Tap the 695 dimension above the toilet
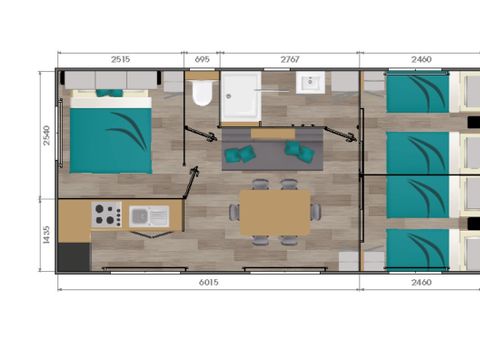tap(202, 60)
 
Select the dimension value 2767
tap(290, 60)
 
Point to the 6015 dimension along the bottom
tap(207, 283)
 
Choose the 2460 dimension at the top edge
tap(420, 60)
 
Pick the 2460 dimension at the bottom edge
tap(420, 283)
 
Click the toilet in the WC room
tap(203, 94)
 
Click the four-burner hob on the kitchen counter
tap(107, 214)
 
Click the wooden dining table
tap(274, 212)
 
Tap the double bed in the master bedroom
tap(110, 132)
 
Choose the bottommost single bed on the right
tap(418, 247)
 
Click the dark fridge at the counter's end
tap(73, 255)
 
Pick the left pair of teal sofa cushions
tap(238, 154)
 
